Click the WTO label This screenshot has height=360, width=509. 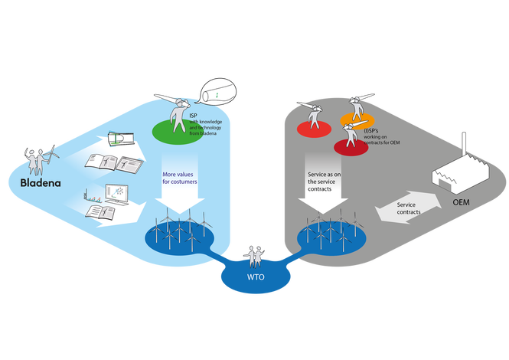click(255, 277)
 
